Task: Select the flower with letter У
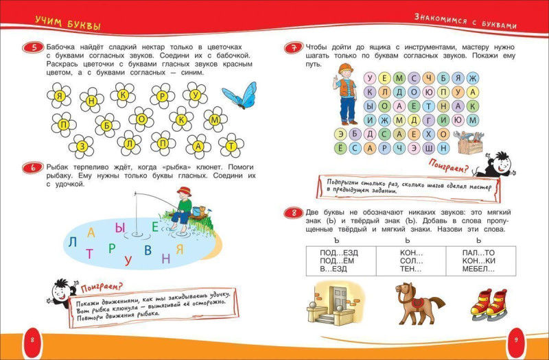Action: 196,95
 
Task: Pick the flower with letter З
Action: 81,145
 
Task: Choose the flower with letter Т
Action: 231,145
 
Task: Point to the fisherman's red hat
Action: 182,191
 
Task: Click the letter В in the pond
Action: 147,250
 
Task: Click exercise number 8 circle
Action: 294,213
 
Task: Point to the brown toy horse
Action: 410,301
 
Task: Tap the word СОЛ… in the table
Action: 412,261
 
